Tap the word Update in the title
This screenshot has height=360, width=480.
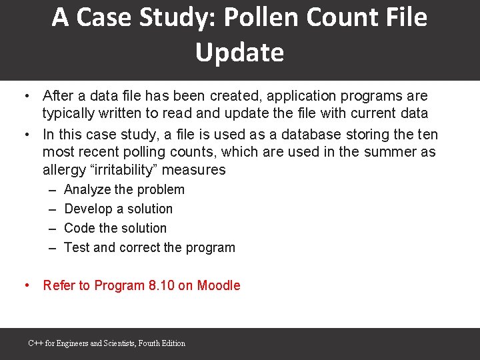(x=239, y=53)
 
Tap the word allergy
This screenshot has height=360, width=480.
(x=63, y=169)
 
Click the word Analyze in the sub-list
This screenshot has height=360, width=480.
(x=87, y=189)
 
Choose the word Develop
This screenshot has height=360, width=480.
(x=87, y=209)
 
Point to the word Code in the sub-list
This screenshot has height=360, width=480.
(x=78, y=228)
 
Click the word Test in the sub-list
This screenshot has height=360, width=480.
(x=76, y=247)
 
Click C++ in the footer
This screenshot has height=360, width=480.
(x=35, y=343)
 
